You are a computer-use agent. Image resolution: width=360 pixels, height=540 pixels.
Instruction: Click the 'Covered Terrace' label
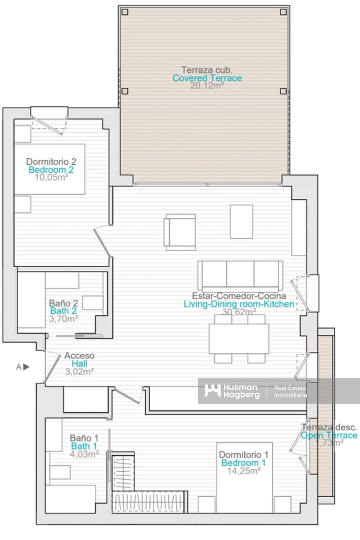click(207, 78)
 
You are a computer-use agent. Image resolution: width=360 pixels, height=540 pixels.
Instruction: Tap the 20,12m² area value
click(207, 85)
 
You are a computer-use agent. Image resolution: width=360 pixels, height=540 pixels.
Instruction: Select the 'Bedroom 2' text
click(51, 170)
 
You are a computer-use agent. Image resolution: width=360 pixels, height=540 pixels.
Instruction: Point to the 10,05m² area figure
click(51, 177)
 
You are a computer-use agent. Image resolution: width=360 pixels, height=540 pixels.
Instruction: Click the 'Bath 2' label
click(63, 310)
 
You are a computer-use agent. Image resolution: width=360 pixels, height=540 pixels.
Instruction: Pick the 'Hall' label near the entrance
click(79, 364)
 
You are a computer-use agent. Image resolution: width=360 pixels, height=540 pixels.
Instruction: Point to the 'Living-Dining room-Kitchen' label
click(239, 304)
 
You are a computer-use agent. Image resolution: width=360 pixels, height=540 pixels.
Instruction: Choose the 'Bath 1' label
click(85, 446)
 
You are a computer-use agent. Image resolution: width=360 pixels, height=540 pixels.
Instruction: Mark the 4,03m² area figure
click(85, 454)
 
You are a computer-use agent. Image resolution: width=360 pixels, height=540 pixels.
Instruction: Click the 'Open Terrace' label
click(329, 435)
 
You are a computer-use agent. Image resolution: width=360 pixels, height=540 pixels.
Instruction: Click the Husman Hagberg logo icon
click(212, 391)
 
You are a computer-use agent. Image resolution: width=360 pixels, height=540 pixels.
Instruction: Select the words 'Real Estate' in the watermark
click(290, 387)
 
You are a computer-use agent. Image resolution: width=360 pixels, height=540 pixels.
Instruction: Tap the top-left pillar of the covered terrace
click(126, 12)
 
